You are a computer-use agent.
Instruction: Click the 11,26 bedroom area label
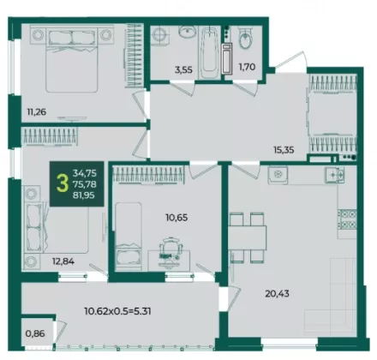pyautogui.click(x=37, y=111)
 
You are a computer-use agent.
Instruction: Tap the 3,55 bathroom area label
pyautogui.click(x=183, y=69)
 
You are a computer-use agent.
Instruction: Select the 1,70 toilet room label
pyautogui.click(x=247, y=67)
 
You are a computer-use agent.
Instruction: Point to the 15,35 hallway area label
pyautogui.click(x=284, y=150)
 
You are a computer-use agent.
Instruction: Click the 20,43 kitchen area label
pyautogui.click(x=277, y=293)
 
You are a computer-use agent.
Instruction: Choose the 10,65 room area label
pyautogui.click(x=177, y=218)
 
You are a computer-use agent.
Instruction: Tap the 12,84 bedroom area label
pyautogui.click(x=63, y=261)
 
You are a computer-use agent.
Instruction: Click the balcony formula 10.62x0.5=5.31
pyautogui.click(x=117, y=311)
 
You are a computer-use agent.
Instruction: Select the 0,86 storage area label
pyautogui.click(x=35, y=333)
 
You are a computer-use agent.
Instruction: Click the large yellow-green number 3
pyautogui.click(x=63, y=184)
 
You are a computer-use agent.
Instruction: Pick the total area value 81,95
pyautogui.click(x=85, y=195)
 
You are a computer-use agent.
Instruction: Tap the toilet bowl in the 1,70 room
pyautogui.click(x=245, y=39)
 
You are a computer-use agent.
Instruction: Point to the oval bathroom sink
pyautogui.click(x=188, y=31)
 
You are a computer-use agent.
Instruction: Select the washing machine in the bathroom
pyautogui.click(x=159, y=35)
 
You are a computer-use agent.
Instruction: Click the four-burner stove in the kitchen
pyautogui.click(x=347, y=219)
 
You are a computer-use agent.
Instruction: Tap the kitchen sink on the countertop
pyautogui.click(x=334, y=175)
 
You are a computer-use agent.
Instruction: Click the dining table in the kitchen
pyautogui.click(x=248, y=237)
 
